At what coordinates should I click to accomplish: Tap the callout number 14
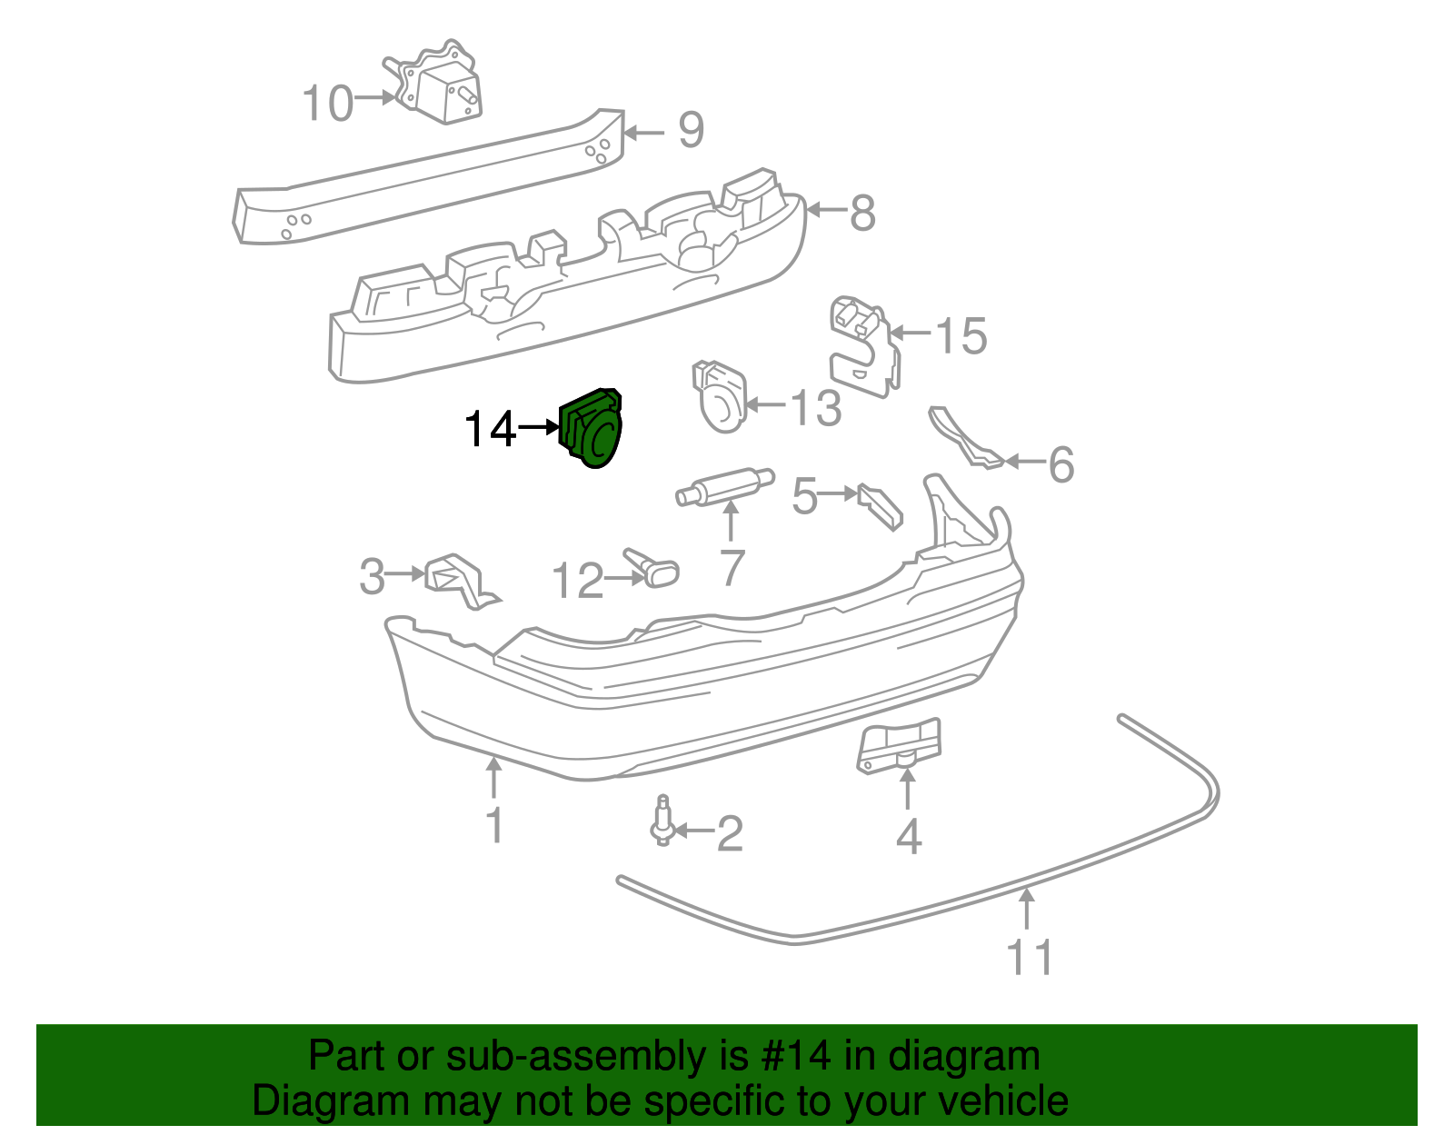(490, 429)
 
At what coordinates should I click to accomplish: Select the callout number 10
(327, 103)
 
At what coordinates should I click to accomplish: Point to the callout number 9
(691, 130)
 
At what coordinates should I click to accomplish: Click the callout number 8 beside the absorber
(861, 214)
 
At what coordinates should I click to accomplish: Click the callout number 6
(1061, 464)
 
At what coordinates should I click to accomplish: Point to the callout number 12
(578, 581)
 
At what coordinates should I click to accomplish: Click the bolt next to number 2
(663, 821)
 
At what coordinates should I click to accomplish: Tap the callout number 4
(908, 837)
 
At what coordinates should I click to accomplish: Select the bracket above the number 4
(899, 744)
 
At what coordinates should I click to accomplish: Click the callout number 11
(1029, 957)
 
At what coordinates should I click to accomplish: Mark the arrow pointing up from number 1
(493, 778)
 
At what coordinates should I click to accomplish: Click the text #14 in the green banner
(790, 1057)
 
